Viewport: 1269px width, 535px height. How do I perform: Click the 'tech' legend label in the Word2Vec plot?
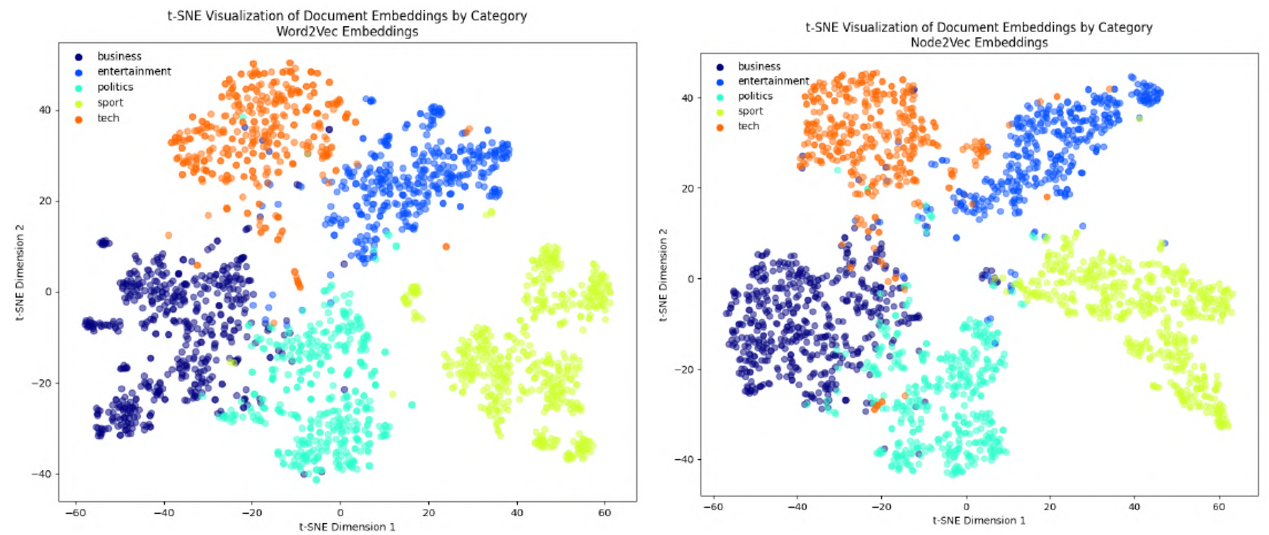108,118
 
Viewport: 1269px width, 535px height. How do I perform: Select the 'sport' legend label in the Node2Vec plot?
750,111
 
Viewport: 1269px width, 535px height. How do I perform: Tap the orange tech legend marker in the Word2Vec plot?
79,119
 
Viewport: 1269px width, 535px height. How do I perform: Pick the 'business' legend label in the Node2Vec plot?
759,66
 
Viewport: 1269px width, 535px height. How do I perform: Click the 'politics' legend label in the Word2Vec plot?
115,87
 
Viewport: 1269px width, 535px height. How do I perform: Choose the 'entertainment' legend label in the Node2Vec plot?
773,81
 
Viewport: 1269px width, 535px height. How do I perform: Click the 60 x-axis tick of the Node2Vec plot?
1219,507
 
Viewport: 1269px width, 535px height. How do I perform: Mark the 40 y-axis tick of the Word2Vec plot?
45,110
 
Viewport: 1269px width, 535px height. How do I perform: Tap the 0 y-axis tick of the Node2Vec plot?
690,279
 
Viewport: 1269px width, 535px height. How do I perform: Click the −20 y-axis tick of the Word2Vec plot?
41,383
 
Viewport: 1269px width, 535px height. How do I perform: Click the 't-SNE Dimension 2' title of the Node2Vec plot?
663,275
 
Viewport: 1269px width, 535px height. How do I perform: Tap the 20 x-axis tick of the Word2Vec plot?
428,513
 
